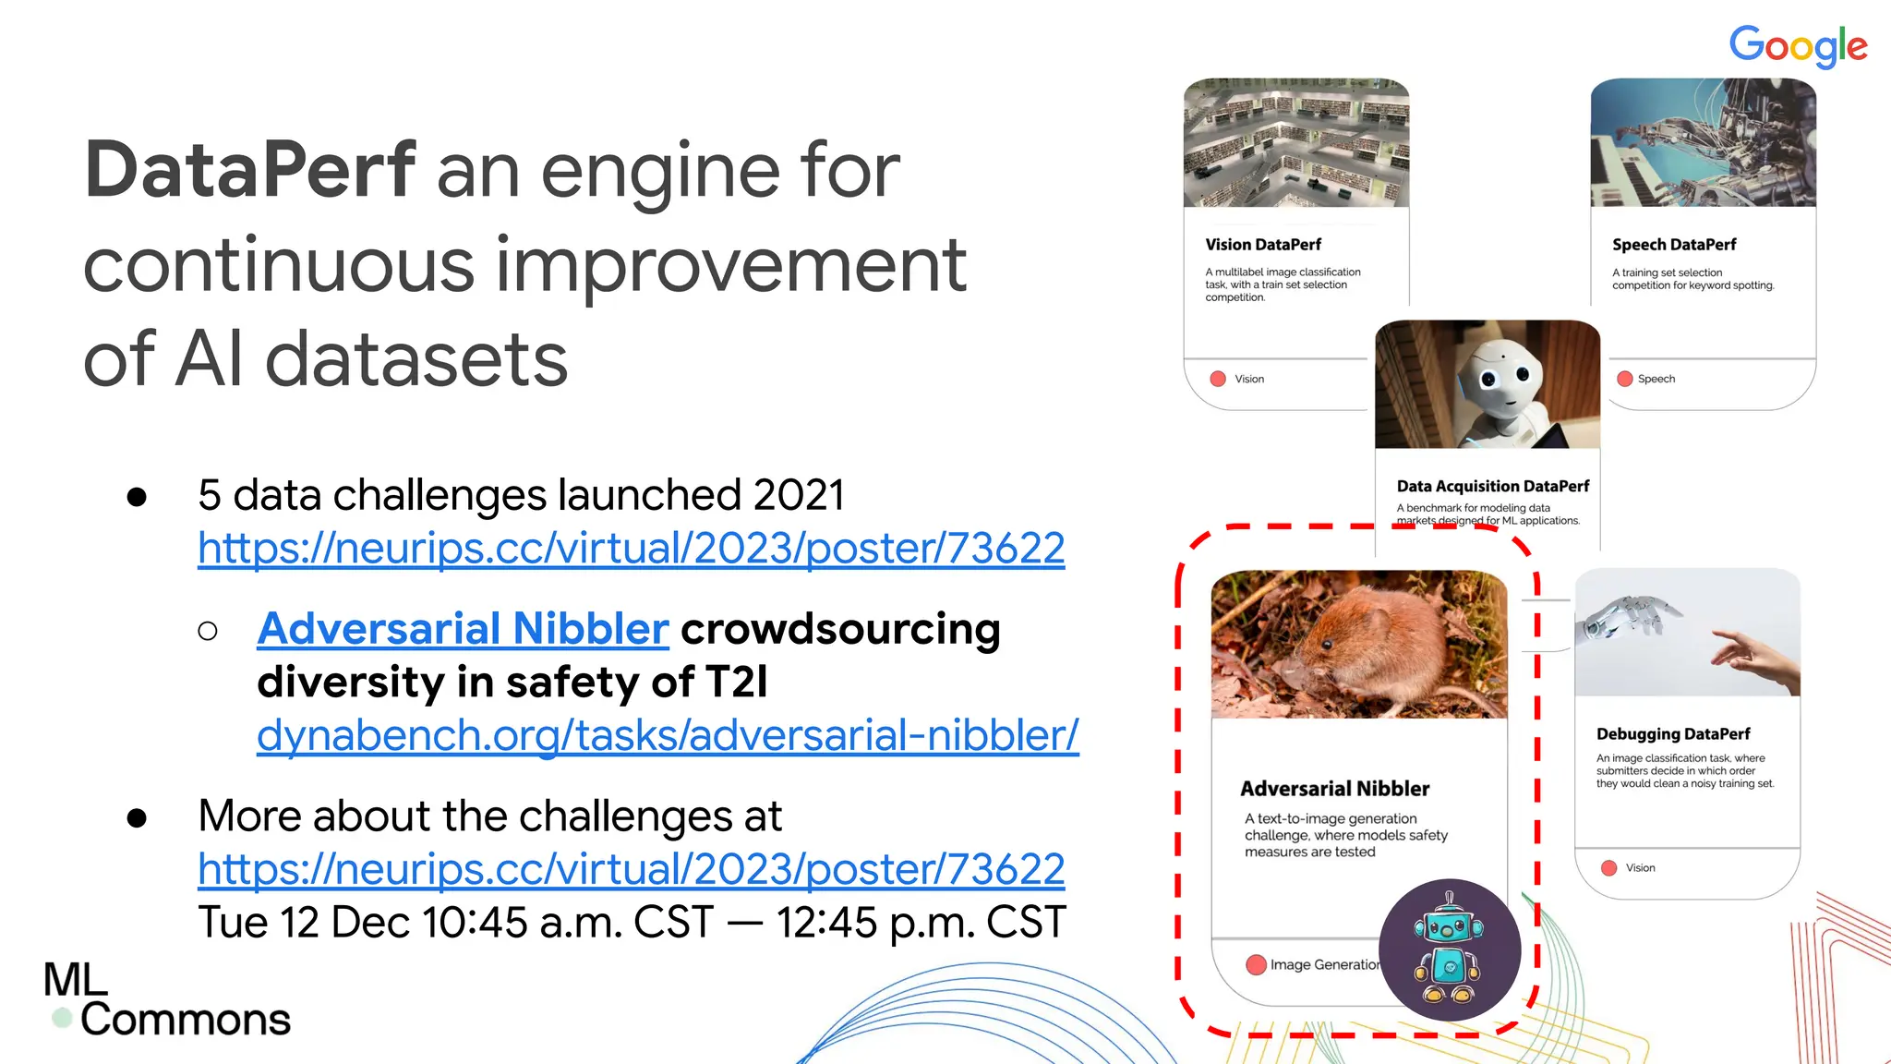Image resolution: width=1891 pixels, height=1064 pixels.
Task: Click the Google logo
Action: click(x=1798, y=46)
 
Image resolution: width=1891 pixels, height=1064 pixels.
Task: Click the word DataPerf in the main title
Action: click(x=250, y=170)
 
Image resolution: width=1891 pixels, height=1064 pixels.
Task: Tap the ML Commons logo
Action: click(x=166, y=1000)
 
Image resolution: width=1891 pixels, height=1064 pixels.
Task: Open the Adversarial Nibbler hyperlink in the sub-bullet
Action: click(x=463, y=629)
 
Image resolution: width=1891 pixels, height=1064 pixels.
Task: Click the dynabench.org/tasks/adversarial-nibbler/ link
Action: click(x=667, y=736)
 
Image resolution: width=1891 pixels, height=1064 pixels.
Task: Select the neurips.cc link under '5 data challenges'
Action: click(x=631, y=549)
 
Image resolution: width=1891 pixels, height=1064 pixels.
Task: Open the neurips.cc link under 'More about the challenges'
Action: click(x=631, y=870)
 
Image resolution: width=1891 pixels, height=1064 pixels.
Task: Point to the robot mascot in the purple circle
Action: click(x=1449, y=949)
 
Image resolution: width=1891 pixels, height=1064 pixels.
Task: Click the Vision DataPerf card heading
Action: click(x=1262, y=245)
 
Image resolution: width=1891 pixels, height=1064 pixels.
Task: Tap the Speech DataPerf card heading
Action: click(x=1673, y=245)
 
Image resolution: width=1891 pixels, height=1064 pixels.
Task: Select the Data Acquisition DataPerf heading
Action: click(x=1492, y=487)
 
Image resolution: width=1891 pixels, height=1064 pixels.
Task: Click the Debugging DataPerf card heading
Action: click(x=1672, y=734)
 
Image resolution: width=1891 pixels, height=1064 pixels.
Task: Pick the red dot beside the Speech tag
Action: click(x=1625, y=379)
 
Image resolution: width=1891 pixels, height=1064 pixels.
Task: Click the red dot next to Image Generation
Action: click(x=1256, y=965)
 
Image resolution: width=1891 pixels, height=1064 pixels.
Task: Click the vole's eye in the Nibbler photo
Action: click(x=1327, y=643)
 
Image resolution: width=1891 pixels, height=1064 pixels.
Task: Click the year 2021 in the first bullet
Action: click(x=798, y=496)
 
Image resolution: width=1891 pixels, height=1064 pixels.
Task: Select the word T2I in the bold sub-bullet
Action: click(x=736, y=683)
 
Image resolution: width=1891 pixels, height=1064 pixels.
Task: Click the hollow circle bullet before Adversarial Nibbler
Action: click(x=208, y=631)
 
